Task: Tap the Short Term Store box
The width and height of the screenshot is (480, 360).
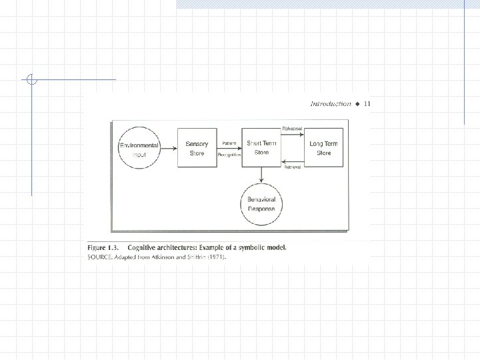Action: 261,148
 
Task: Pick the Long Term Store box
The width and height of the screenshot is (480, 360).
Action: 324,148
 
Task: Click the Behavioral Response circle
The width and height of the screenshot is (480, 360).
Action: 262,204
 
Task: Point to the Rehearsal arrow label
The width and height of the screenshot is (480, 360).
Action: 292,128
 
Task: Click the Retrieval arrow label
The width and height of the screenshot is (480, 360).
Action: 292,167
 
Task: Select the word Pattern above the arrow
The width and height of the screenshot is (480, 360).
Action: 229,144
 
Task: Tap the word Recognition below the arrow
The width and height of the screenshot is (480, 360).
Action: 229,155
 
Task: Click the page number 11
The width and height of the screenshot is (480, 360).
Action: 367,104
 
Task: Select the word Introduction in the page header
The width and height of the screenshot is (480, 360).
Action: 331,104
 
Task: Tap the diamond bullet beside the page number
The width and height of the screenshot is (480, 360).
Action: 357,104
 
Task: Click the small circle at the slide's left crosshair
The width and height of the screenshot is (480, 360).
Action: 31,80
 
